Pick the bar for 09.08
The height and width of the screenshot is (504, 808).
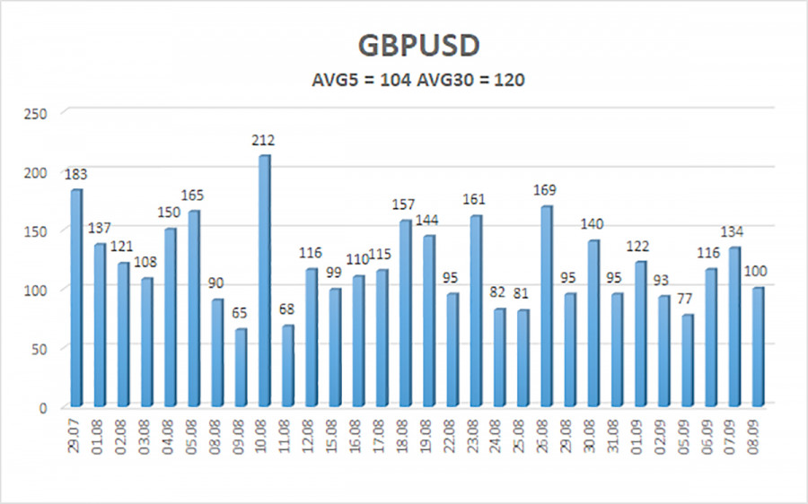click(241, 367)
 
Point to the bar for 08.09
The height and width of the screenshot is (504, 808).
click(758, 346)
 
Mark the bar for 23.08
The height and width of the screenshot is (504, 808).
click(475, 309)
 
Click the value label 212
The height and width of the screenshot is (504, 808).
click(263, 140)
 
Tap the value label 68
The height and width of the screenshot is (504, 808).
click(288, 309)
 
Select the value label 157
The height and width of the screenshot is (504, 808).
click(405, 204)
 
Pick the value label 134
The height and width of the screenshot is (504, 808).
click(734, 231)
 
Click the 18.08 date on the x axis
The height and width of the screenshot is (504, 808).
click(405, 439)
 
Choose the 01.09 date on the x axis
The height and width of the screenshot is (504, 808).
click(640, 439)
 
